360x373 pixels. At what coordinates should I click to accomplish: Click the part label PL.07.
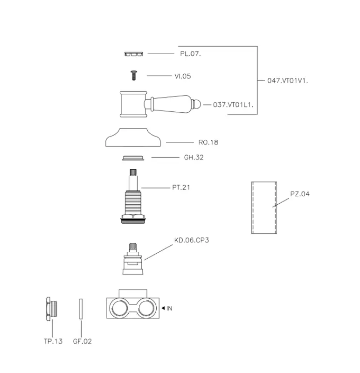tap(190, 54)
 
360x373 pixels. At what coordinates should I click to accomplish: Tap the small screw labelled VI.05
tap(134, 75)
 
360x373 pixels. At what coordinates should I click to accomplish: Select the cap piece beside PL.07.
tap(134, 54)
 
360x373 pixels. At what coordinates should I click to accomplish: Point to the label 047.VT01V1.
tap(287, 81)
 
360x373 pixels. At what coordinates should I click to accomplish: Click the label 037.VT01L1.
tap(233, 104)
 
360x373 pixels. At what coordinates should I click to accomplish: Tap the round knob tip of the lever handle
tap(196, 104)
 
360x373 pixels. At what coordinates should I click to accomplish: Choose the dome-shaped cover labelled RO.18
tap(133, 138)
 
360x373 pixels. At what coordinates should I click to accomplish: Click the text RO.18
tap(208, 142)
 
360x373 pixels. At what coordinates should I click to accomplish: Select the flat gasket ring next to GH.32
tap(133, 158)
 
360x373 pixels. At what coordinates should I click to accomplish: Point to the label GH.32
tap(194, 157)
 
